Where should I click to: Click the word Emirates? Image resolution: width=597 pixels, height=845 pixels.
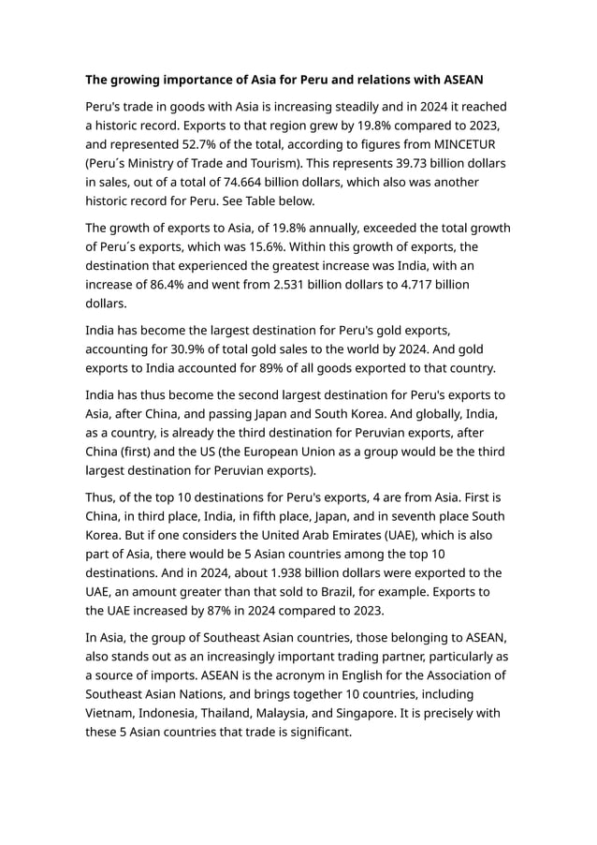click(x=389, y=535)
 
